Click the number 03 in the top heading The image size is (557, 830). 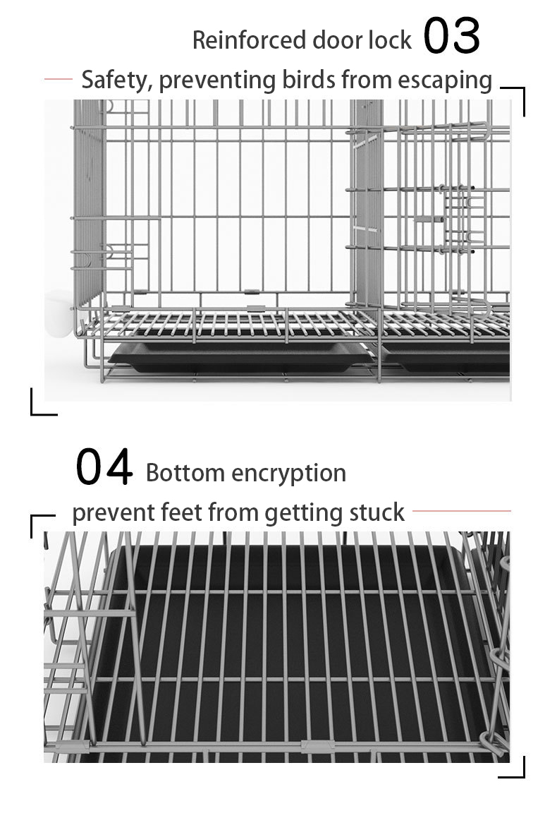pyautogui.click(x=452, y=36)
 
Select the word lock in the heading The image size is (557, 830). pyautogui.click(x=391, y=40)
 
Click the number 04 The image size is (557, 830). pyautogui.click(x=104, y=467)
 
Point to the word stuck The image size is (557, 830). pyautogui.click(x=377, y=512)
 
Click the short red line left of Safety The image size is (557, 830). pyautogui.click(x=59, y=79)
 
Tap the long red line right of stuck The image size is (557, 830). pyautogui.click(x=462, y=511)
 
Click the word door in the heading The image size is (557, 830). pyautogui.click(x=338, y=40)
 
